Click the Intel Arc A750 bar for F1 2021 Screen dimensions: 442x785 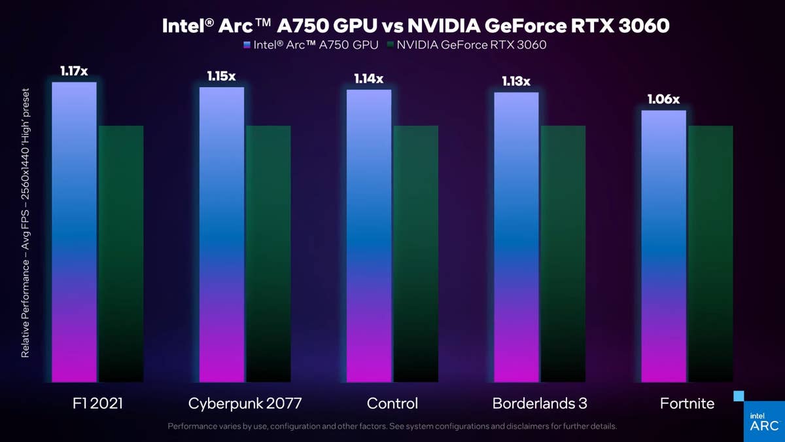point(74,232)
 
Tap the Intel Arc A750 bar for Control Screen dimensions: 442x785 point(369,236)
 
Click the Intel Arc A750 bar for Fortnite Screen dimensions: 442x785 point(663,246)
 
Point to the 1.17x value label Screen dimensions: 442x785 point(74,71)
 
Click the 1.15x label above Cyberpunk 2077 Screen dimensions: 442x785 point(221,76)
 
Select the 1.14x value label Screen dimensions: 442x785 point(369,79)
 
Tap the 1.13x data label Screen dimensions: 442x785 point(516,81)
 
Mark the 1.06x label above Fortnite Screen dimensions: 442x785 point(663,100)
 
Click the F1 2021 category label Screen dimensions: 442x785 point(97,403)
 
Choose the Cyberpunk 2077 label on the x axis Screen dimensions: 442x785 point(245,403)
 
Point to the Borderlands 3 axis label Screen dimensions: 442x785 point(540,403)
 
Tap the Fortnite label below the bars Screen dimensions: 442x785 point(687,403)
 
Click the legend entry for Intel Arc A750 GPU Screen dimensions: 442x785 point(311,45)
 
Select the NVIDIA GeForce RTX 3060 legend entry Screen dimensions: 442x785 point(466,45)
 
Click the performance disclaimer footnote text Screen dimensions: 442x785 point(392,426)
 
